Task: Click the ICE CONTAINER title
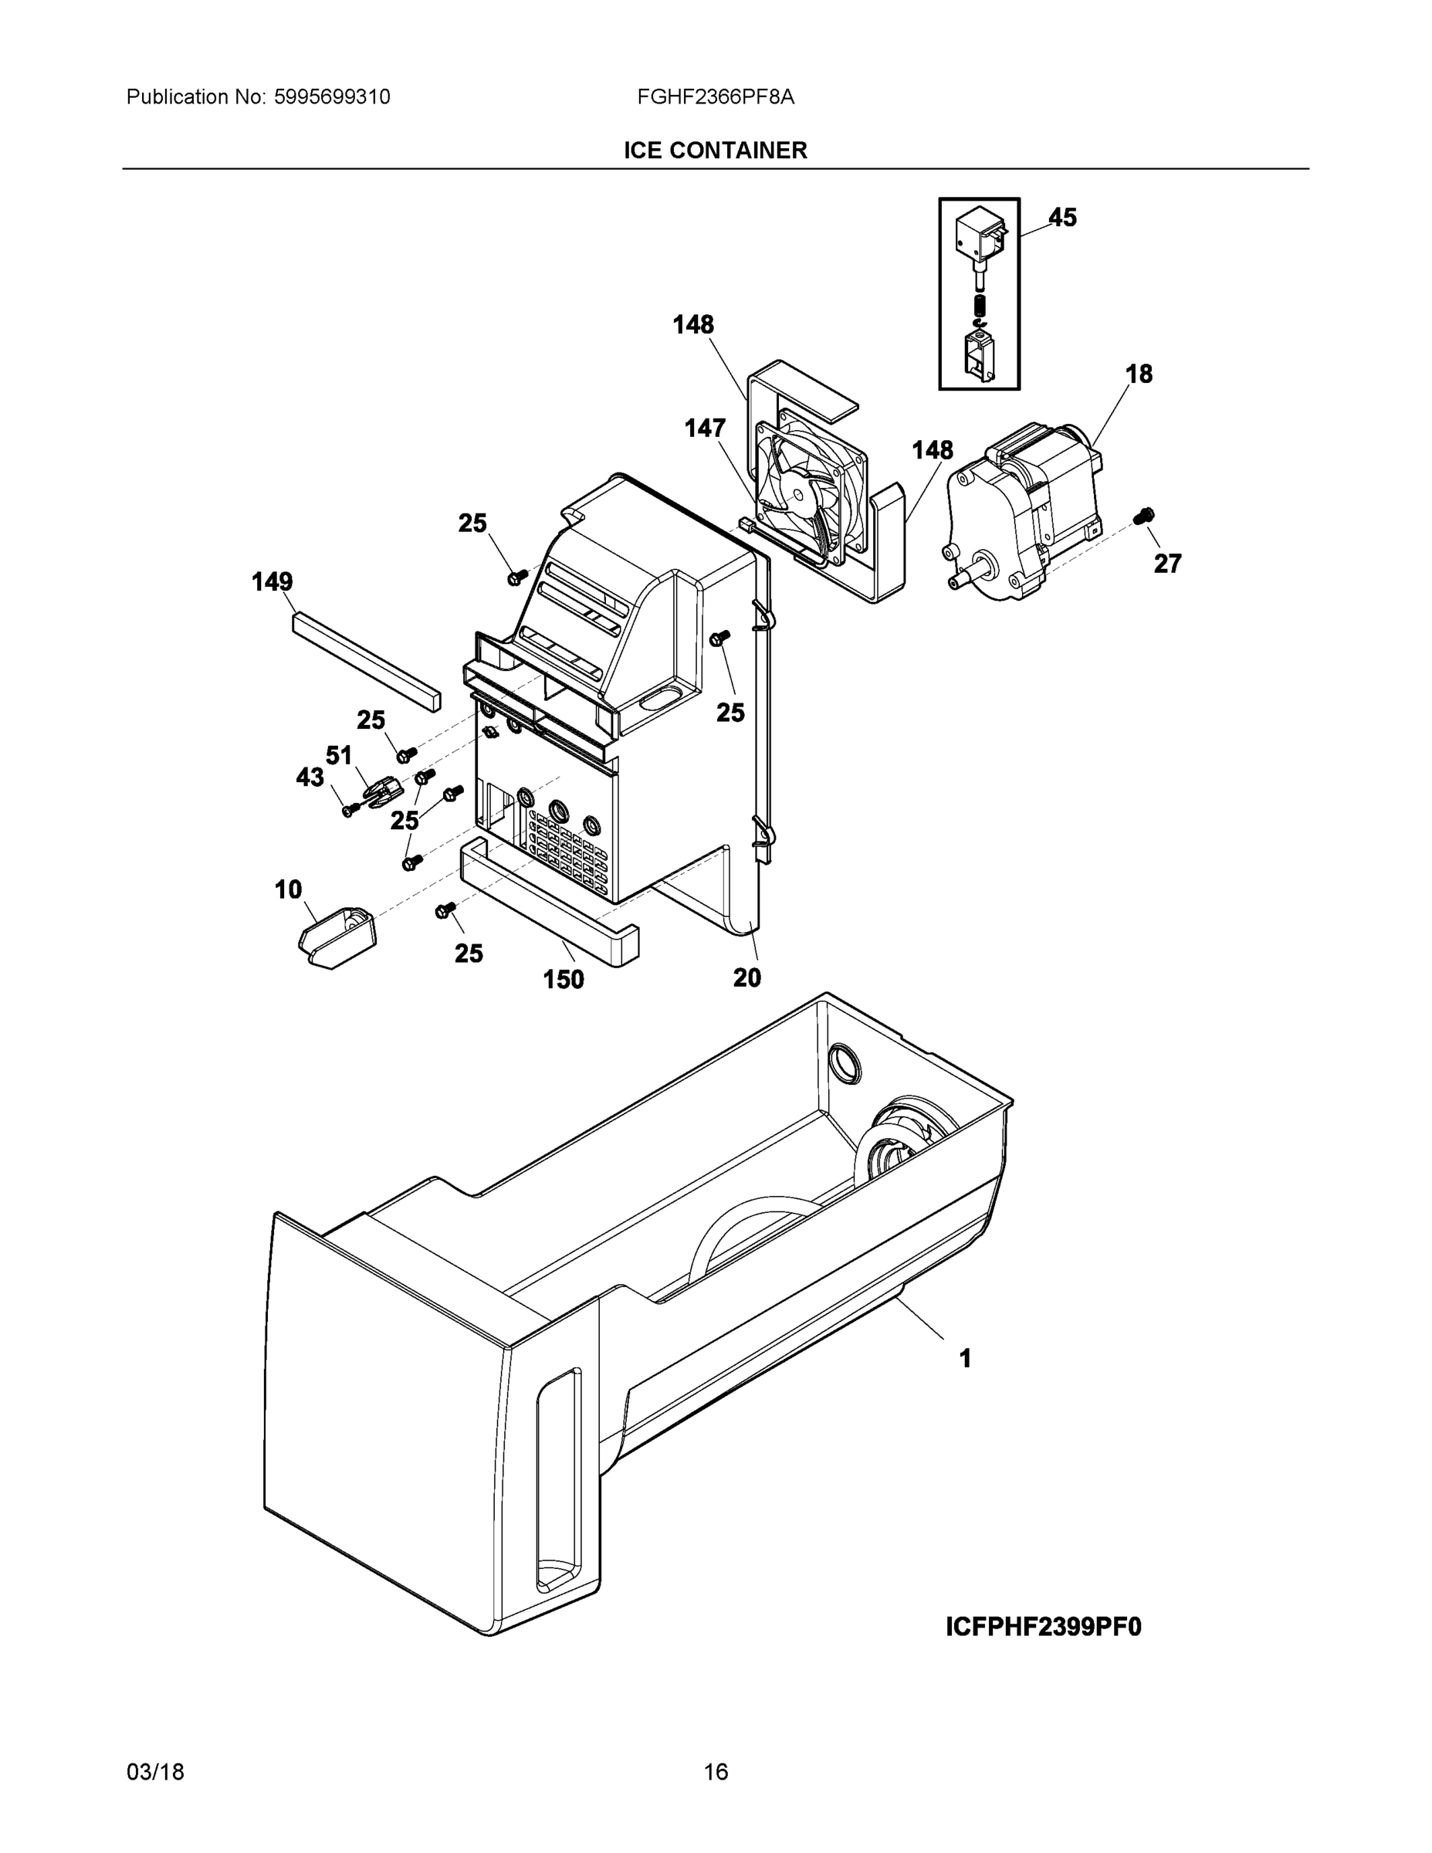(715, 151)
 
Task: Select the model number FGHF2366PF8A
(715, 97)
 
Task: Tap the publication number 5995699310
(332, 97)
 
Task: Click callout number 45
(1062, 217)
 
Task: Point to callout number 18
(1139, 374)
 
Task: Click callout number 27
(1167, 564)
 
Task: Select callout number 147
(705, 429)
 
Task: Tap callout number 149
(273, 582)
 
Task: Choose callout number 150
(564, 979)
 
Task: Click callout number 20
(746, 977)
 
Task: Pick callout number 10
(288, 889)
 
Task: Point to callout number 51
(338, 755)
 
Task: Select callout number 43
(310, 777)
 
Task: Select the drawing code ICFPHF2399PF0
(1043, 1627)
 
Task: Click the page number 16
(715, 1772)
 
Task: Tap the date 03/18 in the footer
(155, 1772)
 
